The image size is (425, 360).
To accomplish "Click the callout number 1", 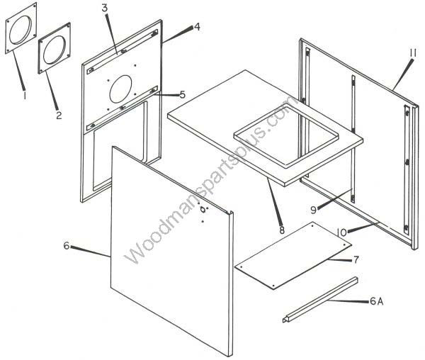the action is point(25,95).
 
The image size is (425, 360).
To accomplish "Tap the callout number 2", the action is point(59,115).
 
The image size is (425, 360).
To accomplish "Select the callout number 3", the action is point(105,8).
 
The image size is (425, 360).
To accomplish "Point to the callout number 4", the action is point(197,26).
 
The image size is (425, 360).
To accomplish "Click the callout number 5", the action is point(183,95).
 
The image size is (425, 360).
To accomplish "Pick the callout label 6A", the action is point(377,301).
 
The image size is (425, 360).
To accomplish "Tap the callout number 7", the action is point(356,259).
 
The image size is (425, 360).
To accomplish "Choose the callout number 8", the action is point(282,230).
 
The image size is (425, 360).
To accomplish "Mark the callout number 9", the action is point(313,210).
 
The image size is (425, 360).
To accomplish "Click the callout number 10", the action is point(341,232).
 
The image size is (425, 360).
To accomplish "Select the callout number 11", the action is point(412,53).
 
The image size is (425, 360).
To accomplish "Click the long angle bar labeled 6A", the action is point(320,300).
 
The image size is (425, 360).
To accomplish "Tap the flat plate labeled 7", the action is point(293,256).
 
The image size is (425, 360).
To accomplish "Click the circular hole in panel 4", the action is point(120,89).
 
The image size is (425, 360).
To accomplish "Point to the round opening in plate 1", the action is point(21,30).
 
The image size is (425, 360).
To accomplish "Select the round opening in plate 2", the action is point(55,50).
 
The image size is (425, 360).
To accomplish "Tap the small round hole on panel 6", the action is point(203,209).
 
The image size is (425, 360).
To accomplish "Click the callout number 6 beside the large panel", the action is point(67,246).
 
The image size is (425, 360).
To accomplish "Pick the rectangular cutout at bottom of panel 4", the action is point(118,146).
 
